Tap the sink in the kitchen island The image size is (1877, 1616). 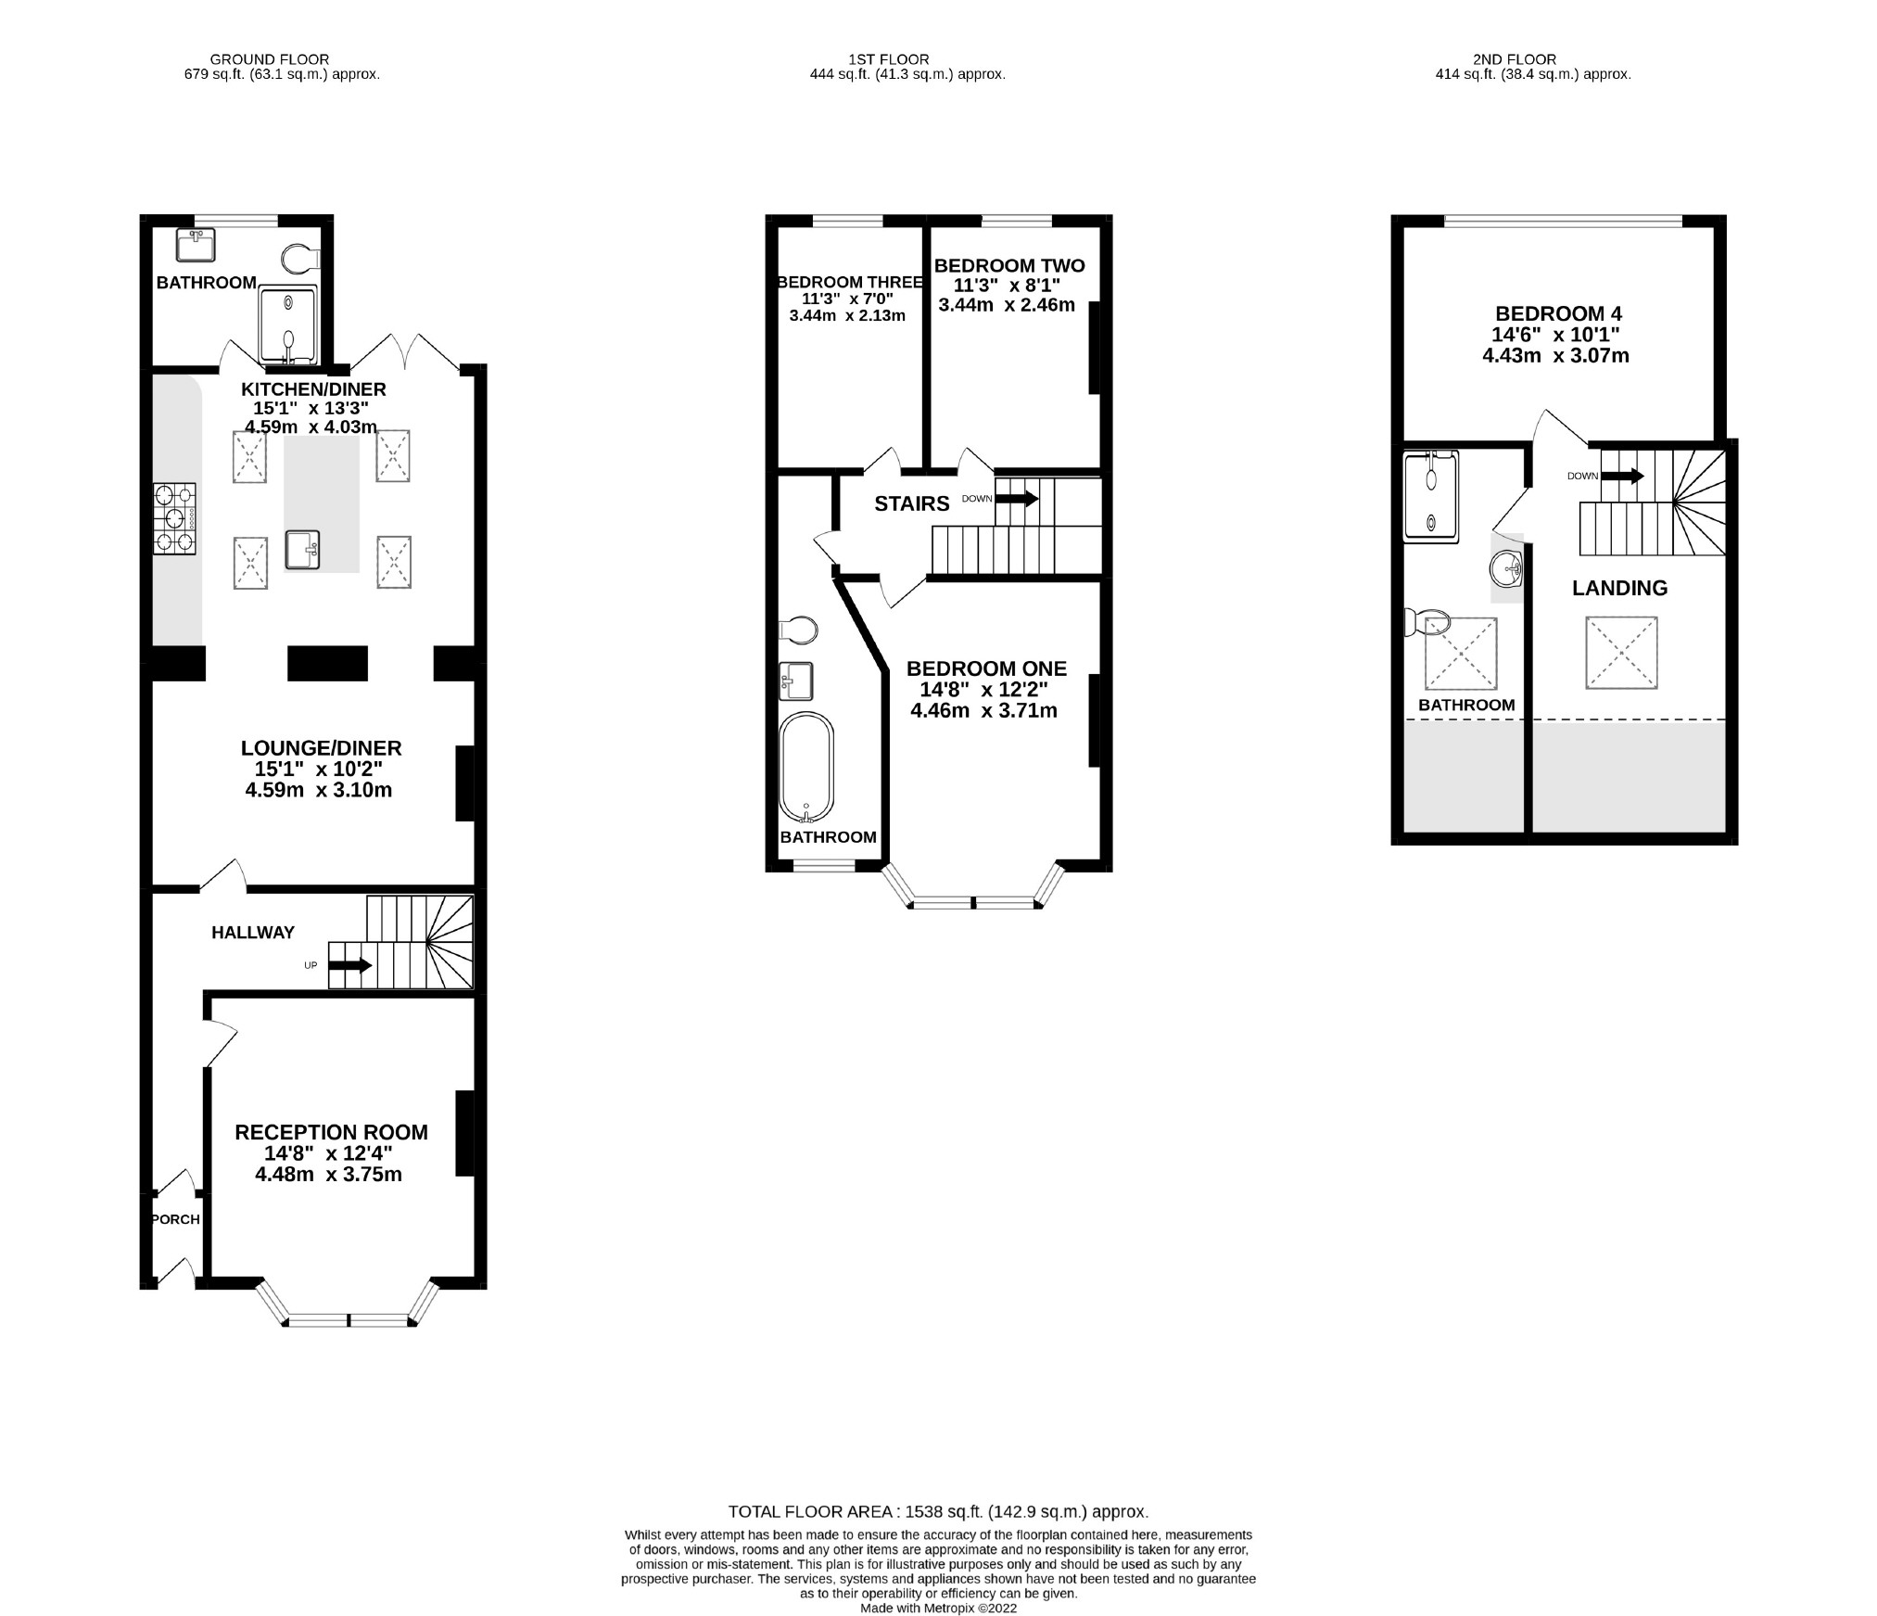[x=303, y=549]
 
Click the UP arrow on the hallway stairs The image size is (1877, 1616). [x=349, y=965]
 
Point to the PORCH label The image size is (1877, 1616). [x=175, y=1219]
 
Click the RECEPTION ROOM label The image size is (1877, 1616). [x=331, y=1132]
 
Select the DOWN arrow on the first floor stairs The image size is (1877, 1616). [x=1017, y=499]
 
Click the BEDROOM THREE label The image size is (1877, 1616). [x=849, y=283]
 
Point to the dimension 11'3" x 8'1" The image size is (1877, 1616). [x=1008, y=286]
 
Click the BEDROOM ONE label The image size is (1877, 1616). [x=986, y=668]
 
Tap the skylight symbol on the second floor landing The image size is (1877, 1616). [x=1620, y=653]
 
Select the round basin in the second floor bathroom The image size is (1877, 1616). [x=1507, y=566]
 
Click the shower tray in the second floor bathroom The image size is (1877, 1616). [x=1431, y=496]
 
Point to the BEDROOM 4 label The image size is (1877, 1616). [x=1558, y=313]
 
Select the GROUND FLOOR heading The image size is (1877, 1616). [x=269, y=59]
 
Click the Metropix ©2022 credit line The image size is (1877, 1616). [x=938, y=1609]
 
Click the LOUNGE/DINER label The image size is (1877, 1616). [x=321, y=748]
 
